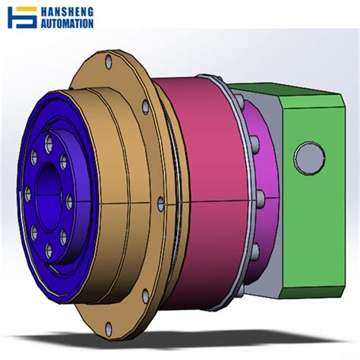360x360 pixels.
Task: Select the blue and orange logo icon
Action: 22,17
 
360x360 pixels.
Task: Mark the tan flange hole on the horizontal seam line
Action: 161,203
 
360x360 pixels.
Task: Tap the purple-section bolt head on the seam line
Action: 261,200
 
